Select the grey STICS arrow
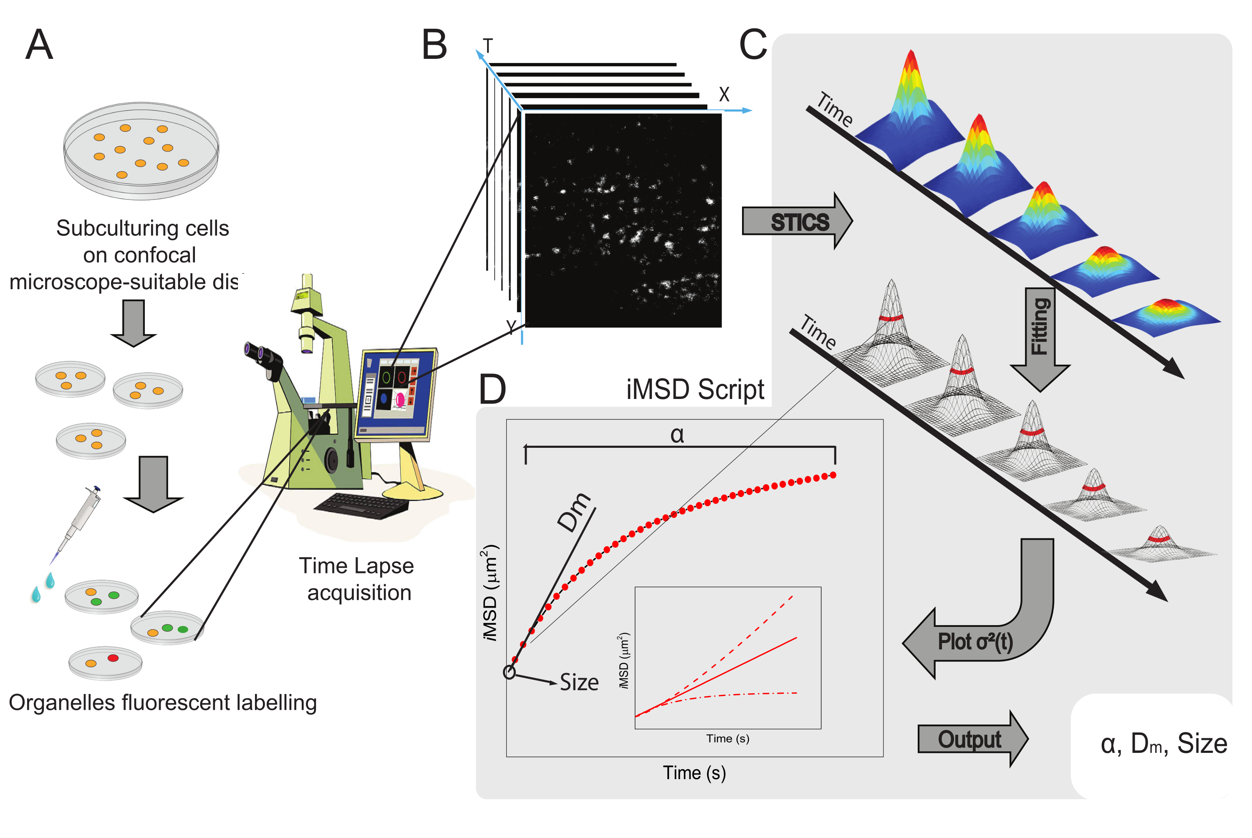pyautogui.click(x=797, y=221)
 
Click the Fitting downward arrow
pyautogui.click(x=1039, y=339)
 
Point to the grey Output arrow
pyautogui.click(x=972, y=739)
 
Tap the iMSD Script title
pyautogui.click(x=695, y=390)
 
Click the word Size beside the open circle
pyautogui.click(x=579, y=682)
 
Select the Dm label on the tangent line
pyautogui.click(x=574, y=512)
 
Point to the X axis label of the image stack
pyautogui.click(x=724, y=95)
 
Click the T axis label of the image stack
pyautogui.click(x=487, y=46)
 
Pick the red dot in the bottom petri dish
pyautogui.click(x=113, y=658)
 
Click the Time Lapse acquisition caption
pyautogui.click(x=357, y=579)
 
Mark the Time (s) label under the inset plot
pyautogui.click(x=728, y=739)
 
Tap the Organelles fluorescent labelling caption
pyautogui.click(x=163, y=703)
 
